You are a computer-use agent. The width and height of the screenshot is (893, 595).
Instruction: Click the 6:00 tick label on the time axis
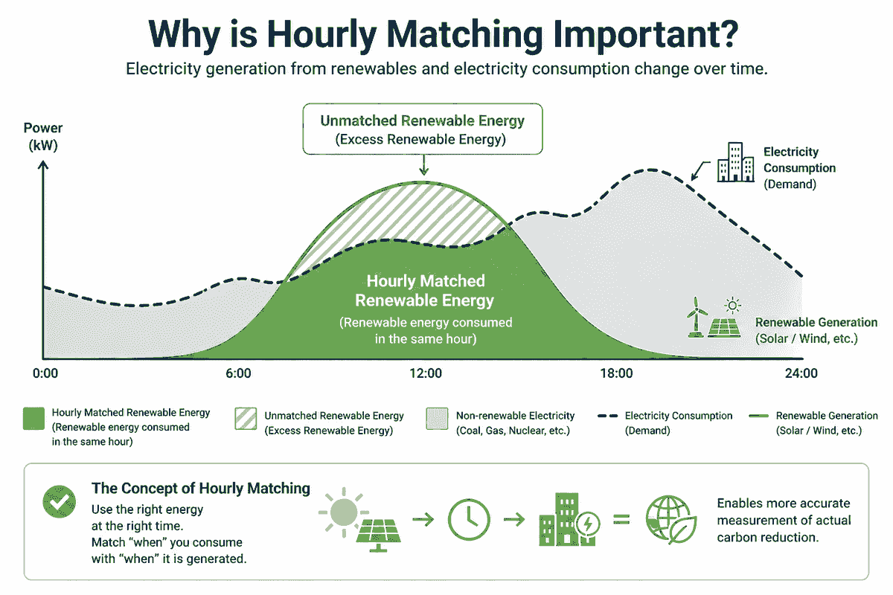237,373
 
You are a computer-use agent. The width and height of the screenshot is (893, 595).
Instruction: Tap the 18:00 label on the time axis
617,373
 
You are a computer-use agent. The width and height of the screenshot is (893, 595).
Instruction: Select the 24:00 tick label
801,373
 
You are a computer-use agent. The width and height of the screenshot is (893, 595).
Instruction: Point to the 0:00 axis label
45,373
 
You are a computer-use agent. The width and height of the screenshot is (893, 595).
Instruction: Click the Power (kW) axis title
43,136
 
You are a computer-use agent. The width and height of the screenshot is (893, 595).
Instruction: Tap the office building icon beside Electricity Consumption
735,162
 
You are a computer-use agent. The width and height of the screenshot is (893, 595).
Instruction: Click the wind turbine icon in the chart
696,317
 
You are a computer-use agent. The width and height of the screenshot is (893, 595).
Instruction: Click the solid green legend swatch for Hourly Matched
33,419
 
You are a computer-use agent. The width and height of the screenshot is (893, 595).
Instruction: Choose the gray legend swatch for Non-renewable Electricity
437,419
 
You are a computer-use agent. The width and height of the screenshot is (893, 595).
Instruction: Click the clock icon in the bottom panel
469,520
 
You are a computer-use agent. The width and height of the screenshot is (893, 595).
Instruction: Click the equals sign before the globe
621,520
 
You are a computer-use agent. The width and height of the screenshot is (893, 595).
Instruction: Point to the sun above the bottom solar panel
343,511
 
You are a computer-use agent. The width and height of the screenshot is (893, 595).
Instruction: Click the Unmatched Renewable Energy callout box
422,129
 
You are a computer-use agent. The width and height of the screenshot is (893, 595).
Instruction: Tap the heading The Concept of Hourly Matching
201,489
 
